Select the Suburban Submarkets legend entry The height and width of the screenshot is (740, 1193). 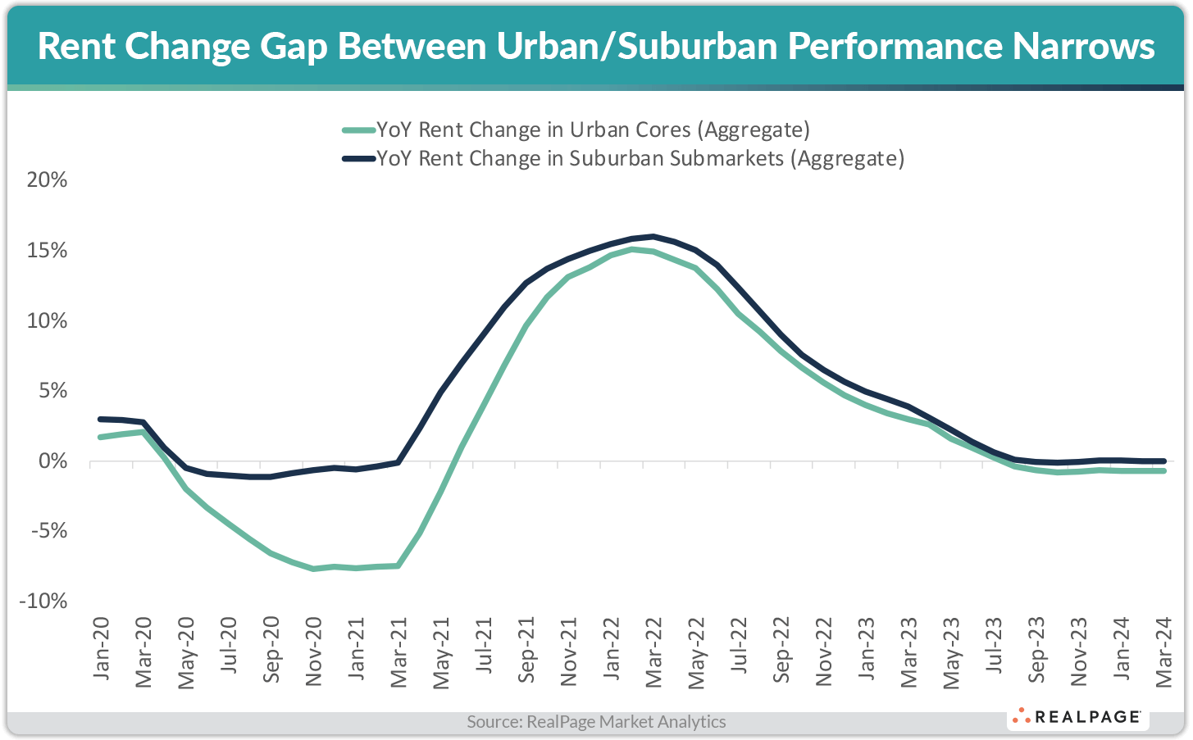(623, 158)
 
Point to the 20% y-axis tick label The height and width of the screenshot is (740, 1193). (47, 180)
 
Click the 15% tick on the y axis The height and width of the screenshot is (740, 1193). (47, 251)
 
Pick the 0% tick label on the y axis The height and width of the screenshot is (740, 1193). (52, 461)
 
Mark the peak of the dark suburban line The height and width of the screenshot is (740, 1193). (653, 237)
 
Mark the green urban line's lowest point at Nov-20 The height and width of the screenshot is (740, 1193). (313, 569)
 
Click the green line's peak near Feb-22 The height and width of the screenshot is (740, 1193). (631, 249)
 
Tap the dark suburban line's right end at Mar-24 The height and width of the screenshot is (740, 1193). (1163, 461)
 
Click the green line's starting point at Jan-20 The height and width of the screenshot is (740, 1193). (100, 437)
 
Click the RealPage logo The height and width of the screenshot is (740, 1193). (1077, 717)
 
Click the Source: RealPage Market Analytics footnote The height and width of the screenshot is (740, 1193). (596, 722)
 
